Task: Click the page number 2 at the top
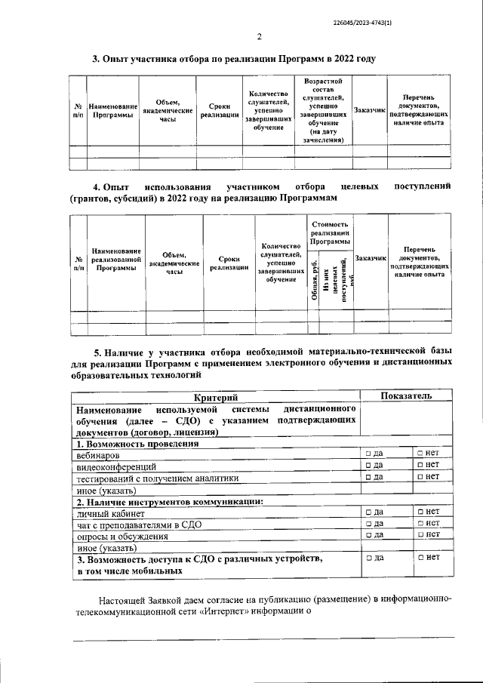258,37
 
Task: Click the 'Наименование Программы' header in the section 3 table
113,110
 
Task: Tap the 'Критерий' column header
215,396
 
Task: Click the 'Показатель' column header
406,395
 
